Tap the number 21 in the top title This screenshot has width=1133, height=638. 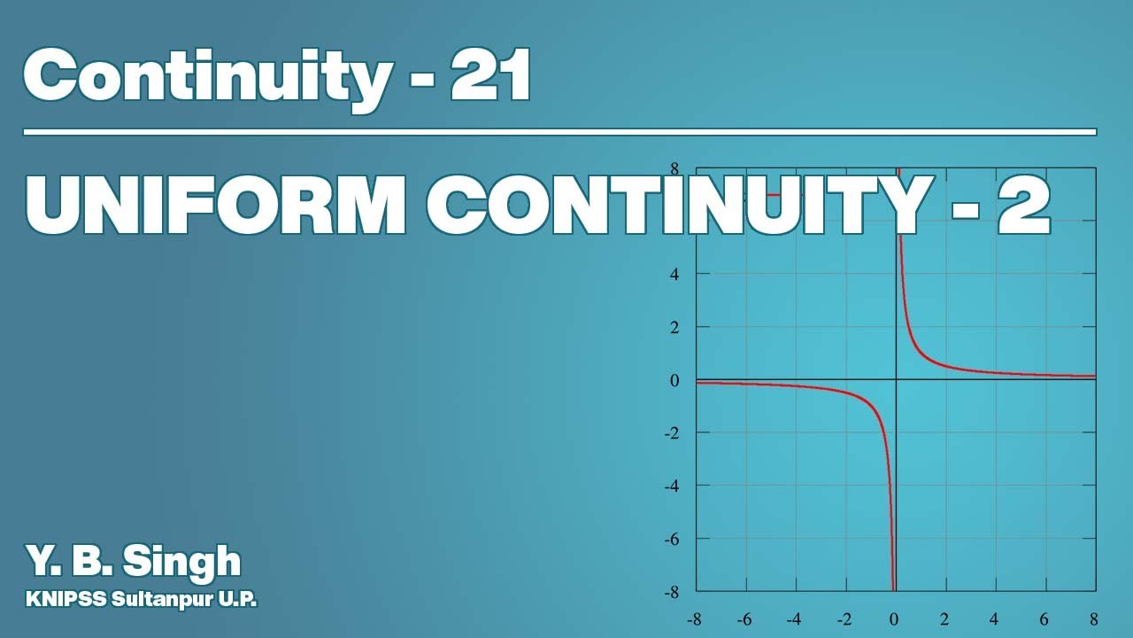489,75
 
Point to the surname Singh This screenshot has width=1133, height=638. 181,561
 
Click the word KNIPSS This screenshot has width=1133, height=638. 66,599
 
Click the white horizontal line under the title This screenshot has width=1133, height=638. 559,132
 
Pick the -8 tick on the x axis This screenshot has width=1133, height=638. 694,619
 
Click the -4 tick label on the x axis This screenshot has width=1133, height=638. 794,619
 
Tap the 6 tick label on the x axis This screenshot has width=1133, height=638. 1044,619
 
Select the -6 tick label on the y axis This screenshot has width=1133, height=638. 672,539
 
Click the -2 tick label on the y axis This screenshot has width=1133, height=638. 672,432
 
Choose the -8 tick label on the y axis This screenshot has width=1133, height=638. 672,591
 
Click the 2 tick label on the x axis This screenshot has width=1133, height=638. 944,619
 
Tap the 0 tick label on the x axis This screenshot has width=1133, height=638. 895,619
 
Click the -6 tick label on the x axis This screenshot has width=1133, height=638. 744,619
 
